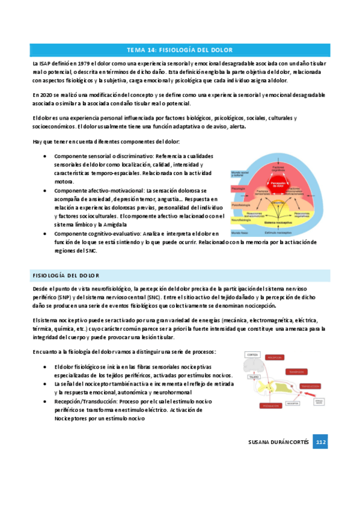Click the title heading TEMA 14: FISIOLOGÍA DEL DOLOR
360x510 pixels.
[180, 49]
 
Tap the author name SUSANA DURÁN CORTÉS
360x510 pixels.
[279, 442]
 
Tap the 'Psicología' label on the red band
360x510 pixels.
[238, 187]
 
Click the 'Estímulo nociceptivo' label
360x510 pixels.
[279, 232]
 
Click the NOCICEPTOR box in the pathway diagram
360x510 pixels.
[293, 404]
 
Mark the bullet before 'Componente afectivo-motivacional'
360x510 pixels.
[46, 190]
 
